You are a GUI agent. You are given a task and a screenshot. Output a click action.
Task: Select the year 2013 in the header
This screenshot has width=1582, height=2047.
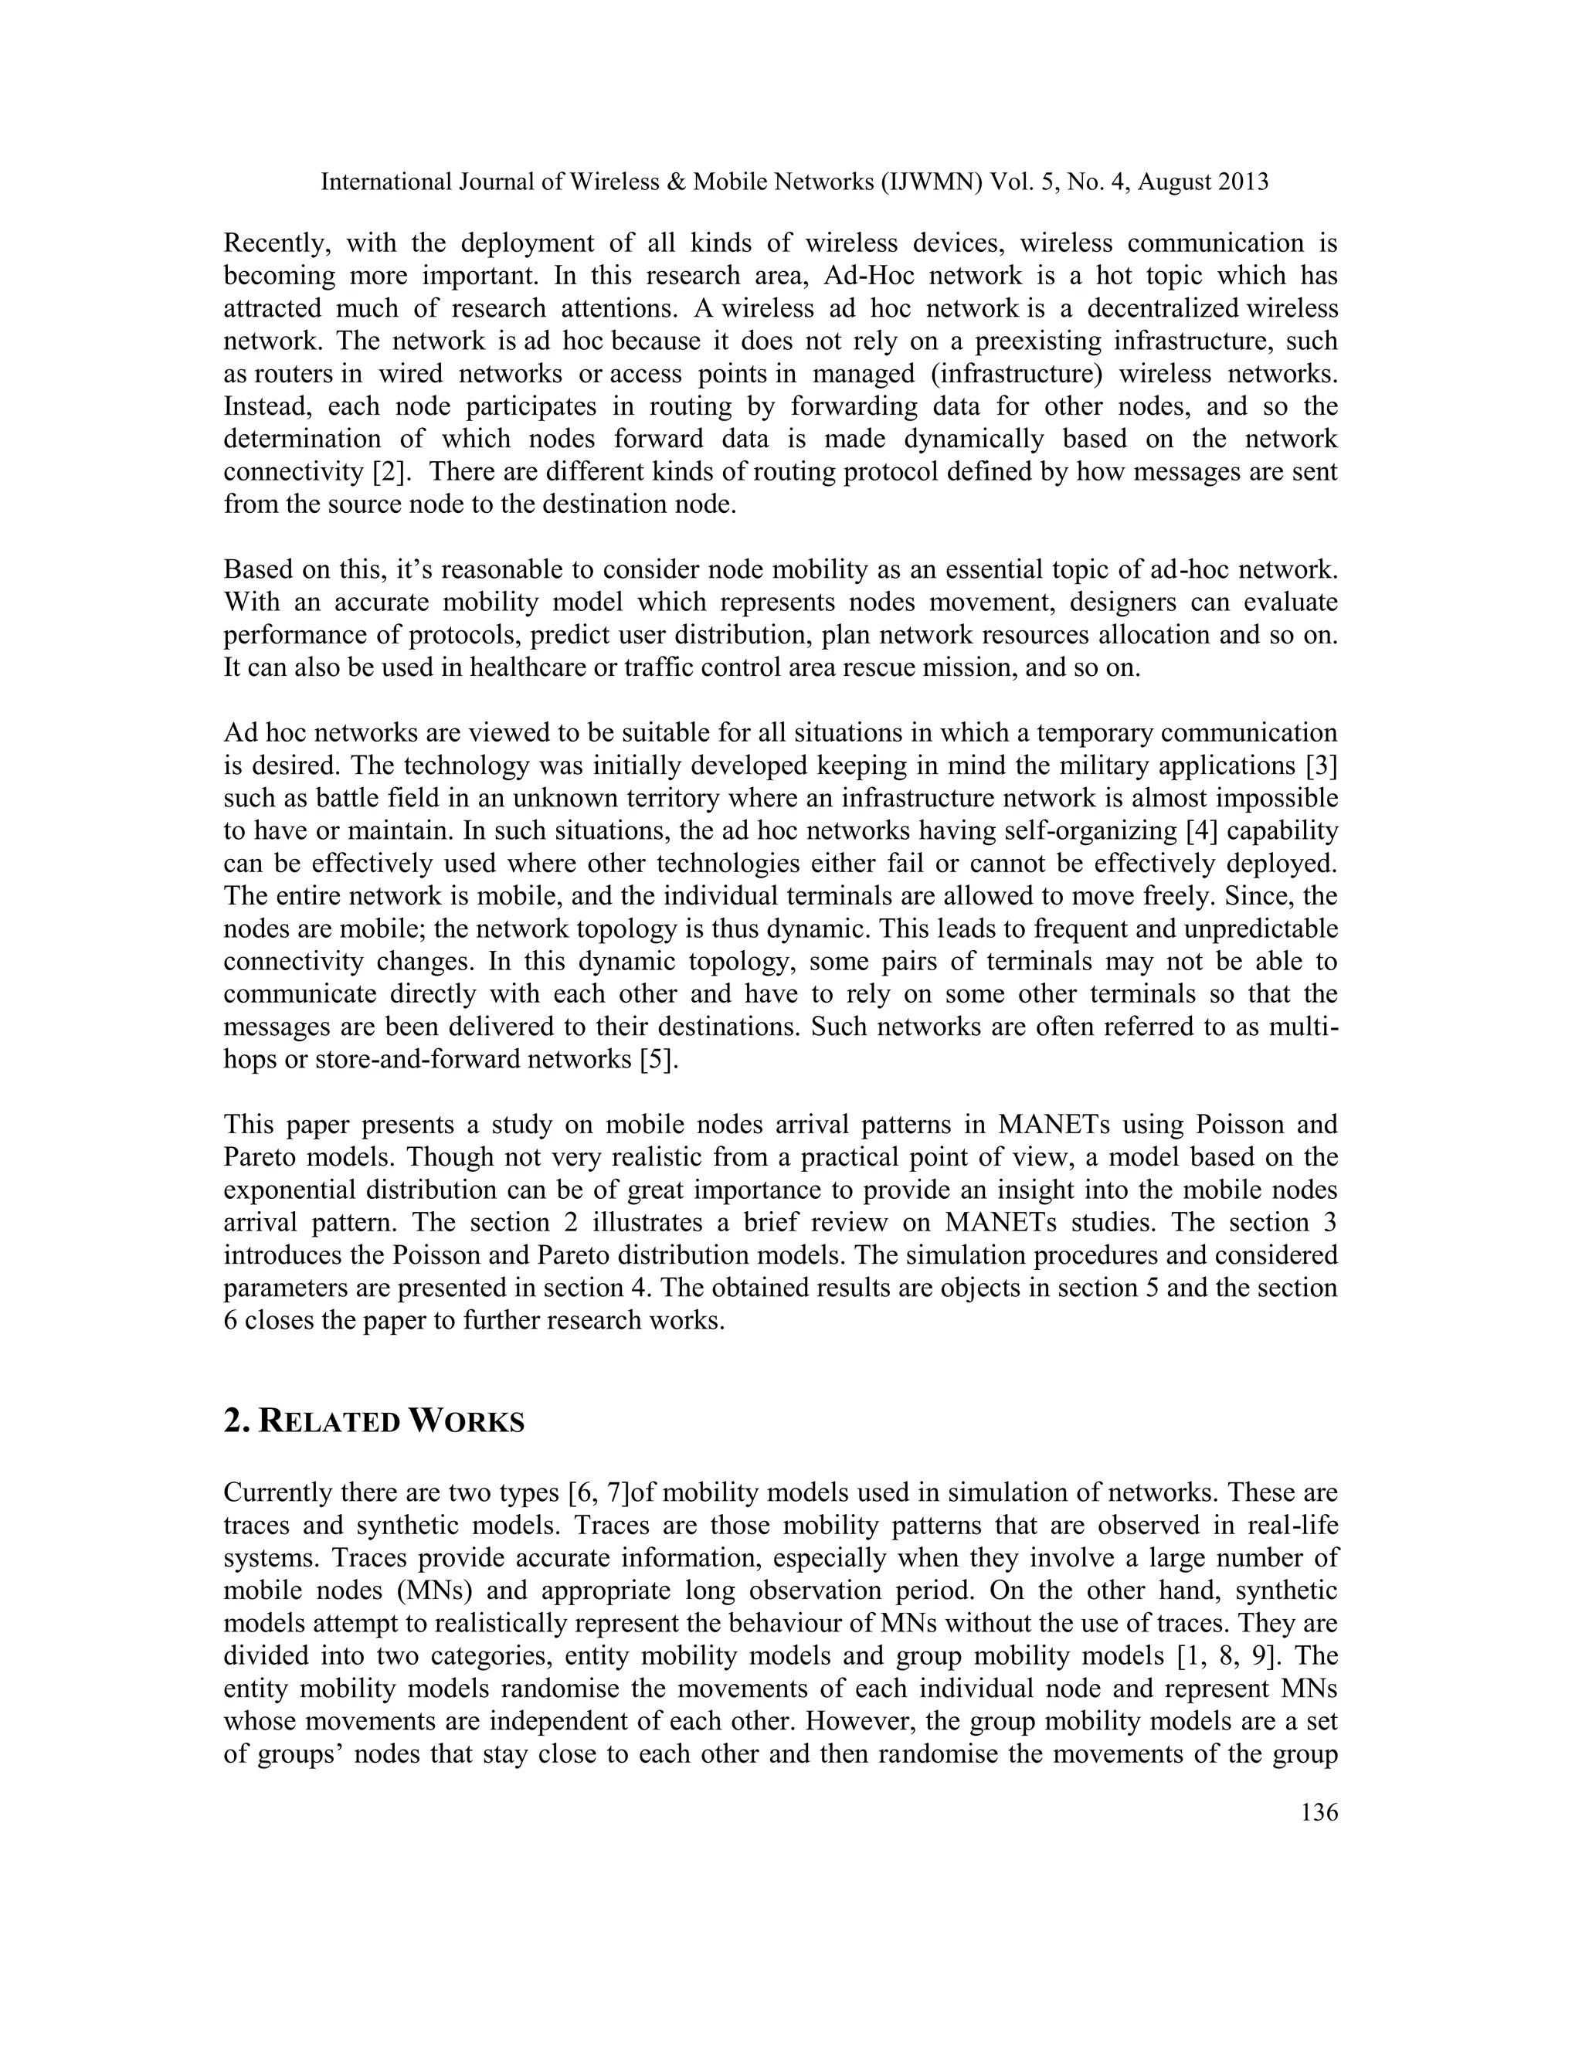[x=1242, y=182]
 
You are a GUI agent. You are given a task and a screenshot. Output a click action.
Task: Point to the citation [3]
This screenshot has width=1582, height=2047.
[x=1322, y=766]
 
